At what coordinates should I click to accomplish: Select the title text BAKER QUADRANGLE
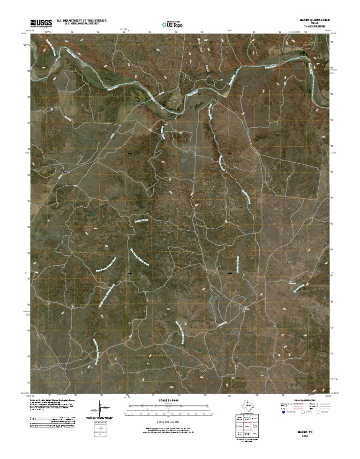click(315, 21)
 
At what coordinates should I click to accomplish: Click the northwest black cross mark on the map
click(130, 153)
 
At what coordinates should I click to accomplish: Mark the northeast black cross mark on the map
click(230, 153)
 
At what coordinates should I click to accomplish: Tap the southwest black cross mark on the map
click(130, 273)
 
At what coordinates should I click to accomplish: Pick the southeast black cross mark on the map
click(230, 273)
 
